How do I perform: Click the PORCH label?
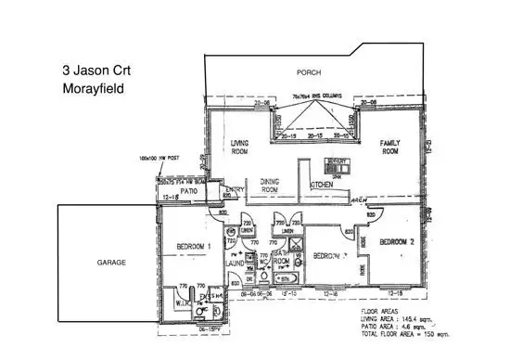coord(309,71)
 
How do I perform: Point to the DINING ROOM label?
coord(270,185)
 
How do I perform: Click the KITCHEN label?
coord(322,186)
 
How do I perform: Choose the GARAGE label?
coord(110,263)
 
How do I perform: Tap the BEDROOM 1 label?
coord(196,246)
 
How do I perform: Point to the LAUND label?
coord(236,264)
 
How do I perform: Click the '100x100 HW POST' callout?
coord(157,159)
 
